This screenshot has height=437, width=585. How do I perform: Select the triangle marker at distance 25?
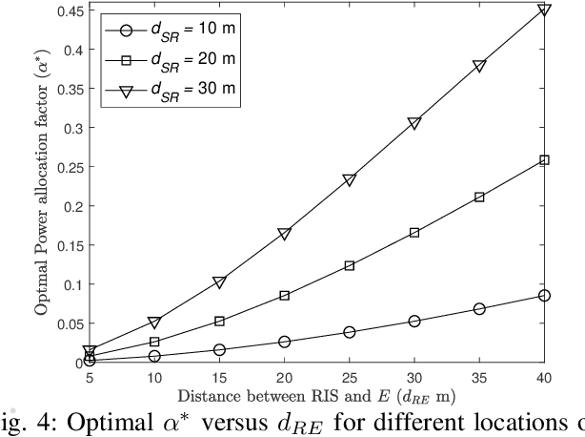pos(349,179)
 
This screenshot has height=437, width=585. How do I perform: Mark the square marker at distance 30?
pos(414,233)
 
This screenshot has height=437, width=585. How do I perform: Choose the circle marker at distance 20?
pos(284,342)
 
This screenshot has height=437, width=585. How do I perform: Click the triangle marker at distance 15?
pos(219,281)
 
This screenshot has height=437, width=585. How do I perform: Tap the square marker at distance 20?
pos(284,296)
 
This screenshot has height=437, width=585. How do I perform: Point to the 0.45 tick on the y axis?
pos(63,10)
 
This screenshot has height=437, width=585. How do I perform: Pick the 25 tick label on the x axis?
pos(349,378)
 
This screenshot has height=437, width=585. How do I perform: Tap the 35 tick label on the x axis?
pos(479,378)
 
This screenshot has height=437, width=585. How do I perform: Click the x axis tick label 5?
pos(89,378)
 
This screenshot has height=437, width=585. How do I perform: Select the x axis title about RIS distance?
pos(314,397)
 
